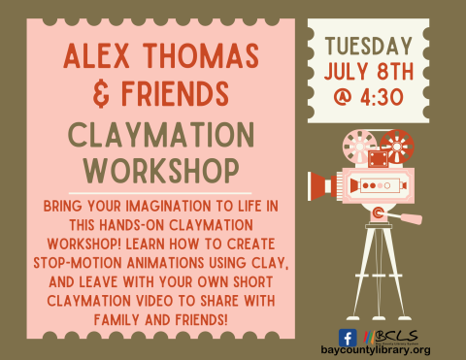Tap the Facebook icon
pyautogui.click(x=347, y=337)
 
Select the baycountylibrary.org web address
pyautogui.click(x=374, y=349)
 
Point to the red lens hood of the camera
pyautogui.click(x=321, y=183)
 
